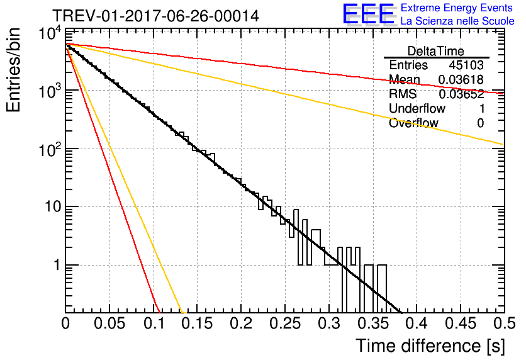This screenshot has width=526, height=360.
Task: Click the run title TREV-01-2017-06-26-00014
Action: (x=155, y=16)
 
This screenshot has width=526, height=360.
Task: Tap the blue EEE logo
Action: (x=368, y=14)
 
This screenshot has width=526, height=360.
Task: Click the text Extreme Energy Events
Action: (x=457, y=8)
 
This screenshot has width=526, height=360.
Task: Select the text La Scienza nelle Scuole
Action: (x=457, y=21)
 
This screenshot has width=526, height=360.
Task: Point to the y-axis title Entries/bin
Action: (x=13, y=70)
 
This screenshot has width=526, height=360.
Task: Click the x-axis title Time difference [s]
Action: (x=430, y=346)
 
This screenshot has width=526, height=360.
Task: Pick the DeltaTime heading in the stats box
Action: (x=436, y=51)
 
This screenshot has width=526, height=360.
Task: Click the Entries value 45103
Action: (x=466, y=65)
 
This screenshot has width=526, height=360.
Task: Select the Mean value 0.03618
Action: (x=461, y=79)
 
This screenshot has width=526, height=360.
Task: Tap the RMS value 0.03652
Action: (x=461, y=94)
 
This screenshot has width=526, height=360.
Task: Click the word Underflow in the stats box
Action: (x=417, y=108)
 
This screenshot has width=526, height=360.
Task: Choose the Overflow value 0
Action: (x=480, y=123)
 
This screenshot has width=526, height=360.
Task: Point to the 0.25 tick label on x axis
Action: (x=284, y=323)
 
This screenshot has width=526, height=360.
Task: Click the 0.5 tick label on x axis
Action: (x=504, y=323)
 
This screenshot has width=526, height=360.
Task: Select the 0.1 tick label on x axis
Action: (x=154, y=323)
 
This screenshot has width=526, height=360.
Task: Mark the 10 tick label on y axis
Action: (x=53, y=206)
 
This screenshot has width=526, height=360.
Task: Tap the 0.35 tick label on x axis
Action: (x=372, y=323)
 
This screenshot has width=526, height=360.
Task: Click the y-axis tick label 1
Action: (x=57, y=265)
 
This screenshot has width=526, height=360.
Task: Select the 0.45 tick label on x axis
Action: (x=461, y=323)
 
